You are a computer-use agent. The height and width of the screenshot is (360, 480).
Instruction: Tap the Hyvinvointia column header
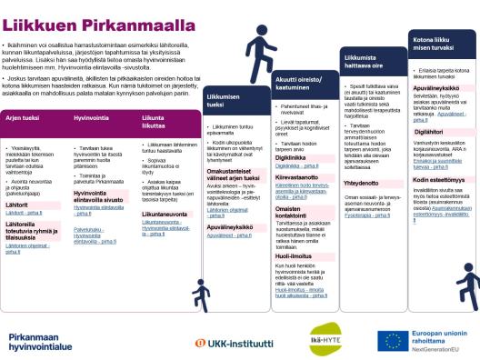[92, 118]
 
